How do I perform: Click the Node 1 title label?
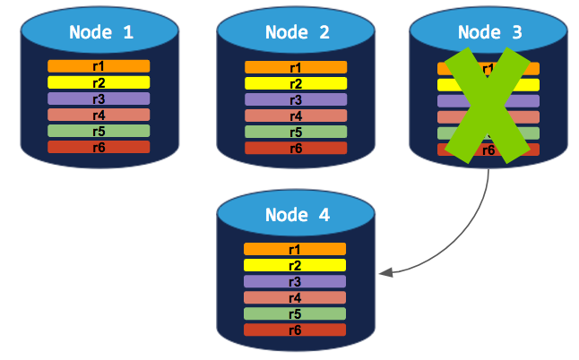coord(101,33)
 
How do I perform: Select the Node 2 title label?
coord(297,33)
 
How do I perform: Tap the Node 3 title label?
coord(489,33)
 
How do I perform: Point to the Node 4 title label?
coord(297,216)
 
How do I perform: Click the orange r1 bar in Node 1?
coord(99,66)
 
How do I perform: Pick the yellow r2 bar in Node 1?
coord(99,82)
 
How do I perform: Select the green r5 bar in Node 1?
coord(99,131)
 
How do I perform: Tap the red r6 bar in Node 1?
coord(99,147)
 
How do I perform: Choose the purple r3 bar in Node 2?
coord(296,99)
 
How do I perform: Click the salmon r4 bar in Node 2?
coord(296,116)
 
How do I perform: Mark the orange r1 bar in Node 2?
coord(296,67)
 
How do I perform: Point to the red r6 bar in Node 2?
coord(296,148)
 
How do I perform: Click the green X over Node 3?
coord(488,107)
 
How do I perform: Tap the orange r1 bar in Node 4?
coord(295,249)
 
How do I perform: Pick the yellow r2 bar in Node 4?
coord(295,265)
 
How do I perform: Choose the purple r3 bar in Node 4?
coord(295,281)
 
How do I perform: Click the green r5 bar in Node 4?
coord(295,313)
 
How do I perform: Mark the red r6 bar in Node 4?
coord(295,330)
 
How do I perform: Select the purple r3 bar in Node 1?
coord(99,99)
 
